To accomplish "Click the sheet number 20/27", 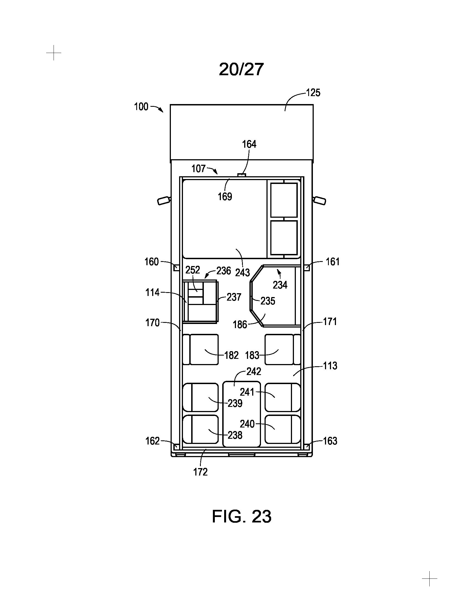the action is tap(241, 69).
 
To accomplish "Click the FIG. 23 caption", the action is tap(241, 516).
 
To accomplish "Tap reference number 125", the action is tap(313, 93).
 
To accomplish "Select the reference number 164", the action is tap(249, 144).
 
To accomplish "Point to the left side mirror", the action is tap(163, 200).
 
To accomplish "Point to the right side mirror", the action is tap(319, 200).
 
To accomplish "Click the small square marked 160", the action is tap(176, 268).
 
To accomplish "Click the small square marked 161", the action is tap(307, 268).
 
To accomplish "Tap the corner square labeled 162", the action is tap(176, 446).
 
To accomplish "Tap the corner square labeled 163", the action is tap(307, 446).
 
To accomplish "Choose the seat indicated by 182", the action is tap(201, 349).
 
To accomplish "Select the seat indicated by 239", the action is tap(201, 397).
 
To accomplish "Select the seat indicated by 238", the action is tap(201, 429).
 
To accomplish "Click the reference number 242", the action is tap(254, 371).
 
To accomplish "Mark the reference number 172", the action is tap(200, 472).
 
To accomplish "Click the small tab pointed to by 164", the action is tap(242, 175).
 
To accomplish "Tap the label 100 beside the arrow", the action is tap(141, 107).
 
